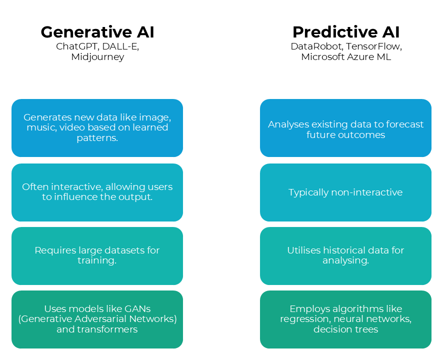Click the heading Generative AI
97,32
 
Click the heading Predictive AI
346,32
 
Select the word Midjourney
97,57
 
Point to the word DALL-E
120,46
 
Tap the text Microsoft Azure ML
346,57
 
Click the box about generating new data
97,128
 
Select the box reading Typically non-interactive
345,192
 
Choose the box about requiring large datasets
97,255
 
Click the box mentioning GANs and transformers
97,319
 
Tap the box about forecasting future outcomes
345,128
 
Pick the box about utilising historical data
345,255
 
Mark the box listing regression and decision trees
345,319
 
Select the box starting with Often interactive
97,192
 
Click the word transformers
109,329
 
